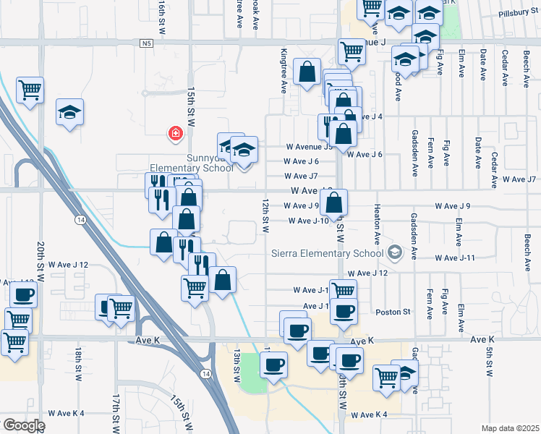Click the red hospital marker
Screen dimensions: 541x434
pyautogui.click(x=174, y=133)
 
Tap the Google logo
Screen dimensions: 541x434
pyautogui.click(x=24, y=425)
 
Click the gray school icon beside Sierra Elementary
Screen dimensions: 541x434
pyautogui.click(x=394, y=252)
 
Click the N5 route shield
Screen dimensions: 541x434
pyautogui.click(x=148, y=43)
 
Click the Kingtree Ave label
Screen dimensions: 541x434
pyautogui.click(x=284, y=71)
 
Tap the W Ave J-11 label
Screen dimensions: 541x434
pyautogui.click(x=454, y=258)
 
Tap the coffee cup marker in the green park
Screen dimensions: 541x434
pyautogui.click(x=273, y=364)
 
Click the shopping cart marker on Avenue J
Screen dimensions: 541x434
pyautogui.click(x=352, y=51)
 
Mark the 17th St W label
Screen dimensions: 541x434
pyautogui.click(x=115, y=412)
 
